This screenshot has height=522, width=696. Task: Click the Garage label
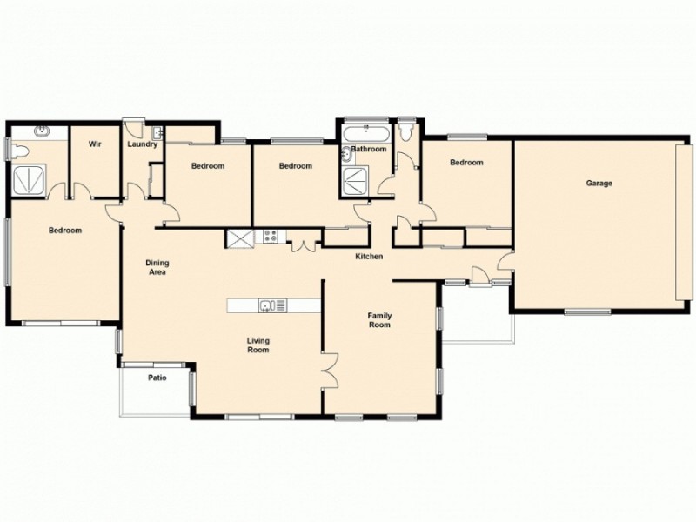pos(599,184)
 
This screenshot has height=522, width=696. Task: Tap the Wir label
pos(96,144)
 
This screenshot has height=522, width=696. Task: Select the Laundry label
pos(142,144)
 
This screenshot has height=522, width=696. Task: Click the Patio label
pos(157,378)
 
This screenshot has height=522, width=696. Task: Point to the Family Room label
pos(378,320)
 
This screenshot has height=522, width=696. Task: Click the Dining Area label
pos(157,267)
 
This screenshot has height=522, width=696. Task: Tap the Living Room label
pos(258,345)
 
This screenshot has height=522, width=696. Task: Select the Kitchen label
pos(369,257)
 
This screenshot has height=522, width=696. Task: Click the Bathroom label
pos(369,149)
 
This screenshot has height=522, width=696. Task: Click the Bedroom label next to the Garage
pos(466,163)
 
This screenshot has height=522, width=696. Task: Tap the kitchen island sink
pos(267,304)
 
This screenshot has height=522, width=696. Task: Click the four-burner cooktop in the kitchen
pos(270,235)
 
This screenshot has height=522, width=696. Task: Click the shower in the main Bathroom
pos(355,181)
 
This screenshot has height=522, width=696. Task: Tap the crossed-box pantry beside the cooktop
pos(238,236)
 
